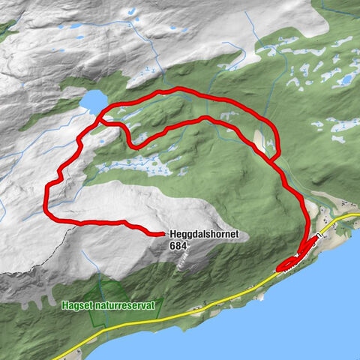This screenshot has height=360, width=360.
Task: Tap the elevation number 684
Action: (x=178, y=244)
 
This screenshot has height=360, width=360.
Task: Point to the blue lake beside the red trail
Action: (x=93, y=100)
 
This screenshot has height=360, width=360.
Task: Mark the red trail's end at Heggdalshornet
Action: (x=162, y=234)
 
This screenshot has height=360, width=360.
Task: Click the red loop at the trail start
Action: (x=289, y=265)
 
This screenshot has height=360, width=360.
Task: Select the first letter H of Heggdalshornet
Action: (x=173, y=235)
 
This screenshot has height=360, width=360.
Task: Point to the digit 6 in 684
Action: (x=172, y=244)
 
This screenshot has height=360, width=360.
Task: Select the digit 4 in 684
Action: (x=184, y=244)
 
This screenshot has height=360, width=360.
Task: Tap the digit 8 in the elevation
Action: (x=178, y=244)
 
